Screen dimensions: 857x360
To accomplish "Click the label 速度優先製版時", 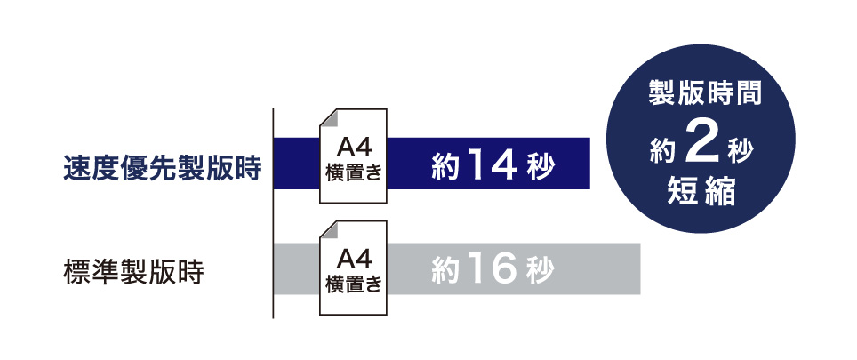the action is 163,168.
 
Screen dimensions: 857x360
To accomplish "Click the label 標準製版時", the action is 134,272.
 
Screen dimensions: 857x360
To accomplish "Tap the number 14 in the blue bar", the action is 492,165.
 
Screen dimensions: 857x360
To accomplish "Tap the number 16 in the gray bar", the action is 492,270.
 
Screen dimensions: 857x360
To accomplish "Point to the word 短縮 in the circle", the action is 701,193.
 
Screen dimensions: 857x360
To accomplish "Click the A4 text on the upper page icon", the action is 354,148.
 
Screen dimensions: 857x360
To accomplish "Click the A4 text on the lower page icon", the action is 354,257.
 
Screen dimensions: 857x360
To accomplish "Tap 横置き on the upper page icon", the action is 353,174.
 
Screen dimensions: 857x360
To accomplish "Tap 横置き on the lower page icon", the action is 353,284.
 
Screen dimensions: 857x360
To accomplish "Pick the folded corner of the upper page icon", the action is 329,118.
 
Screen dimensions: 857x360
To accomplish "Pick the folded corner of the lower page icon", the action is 329,229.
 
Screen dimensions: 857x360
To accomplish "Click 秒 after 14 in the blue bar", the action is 541,166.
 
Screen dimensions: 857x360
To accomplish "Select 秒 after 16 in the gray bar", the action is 541,270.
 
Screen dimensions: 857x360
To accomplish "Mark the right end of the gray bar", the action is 639,269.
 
